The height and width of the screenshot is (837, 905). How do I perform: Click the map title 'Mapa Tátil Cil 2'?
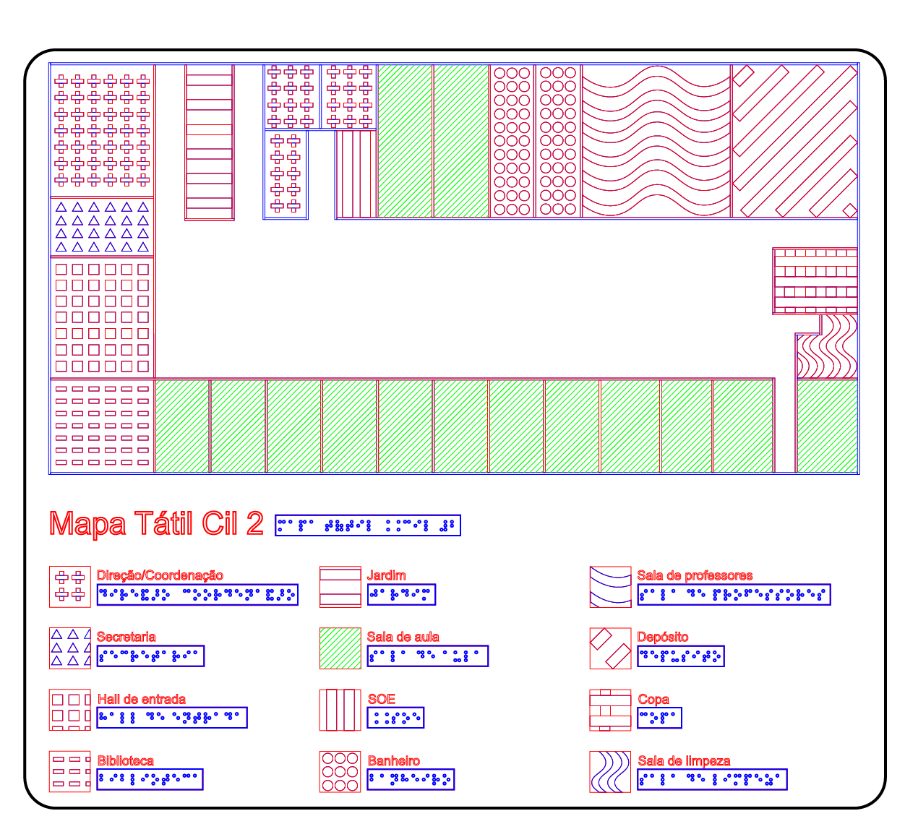click(x=156, y=524)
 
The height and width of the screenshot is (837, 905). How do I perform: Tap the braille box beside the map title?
click(x=367, y=525)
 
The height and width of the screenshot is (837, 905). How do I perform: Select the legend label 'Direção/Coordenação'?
click(x=160, y=575)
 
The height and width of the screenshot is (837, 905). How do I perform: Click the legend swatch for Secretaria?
click(x=70, y=648)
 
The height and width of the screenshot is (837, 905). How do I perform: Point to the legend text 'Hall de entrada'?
click(x=142, y=699)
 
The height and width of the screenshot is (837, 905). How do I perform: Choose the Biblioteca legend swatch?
click(x=70, y=771)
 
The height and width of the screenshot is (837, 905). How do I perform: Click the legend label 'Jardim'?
click(x=386, y=575)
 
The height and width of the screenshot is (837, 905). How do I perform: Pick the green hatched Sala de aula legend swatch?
click(x=340, y=648)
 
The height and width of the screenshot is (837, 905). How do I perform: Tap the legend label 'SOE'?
click(x=382, y=699)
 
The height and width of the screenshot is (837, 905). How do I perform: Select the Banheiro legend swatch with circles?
click(x=340, y=771)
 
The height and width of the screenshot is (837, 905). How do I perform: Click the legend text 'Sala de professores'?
click(x=695, y=575)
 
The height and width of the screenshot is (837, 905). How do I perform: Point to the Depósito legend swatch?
click(x=610, y=648)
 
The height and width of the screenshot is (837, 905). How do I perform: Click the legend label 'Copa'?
click(x=653, y=699)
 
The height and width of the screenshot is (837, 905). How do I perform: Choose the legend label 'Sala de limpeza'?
click(x=684, y=761)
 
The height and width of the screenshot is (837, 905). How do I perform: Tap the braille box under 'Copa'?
click(x=659, y=718)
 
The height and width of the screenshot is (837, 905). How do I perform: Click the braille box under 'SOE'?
click(x=395, y=718)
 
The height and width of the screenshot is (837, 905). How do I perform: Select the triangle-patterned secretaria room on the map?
click(x=102, y=227)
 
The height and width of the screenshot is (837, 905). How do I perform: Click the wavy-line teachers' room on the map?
click(x=656, y=142)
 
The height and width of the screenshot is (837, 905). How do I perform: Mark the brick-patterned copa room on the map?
click(x=815, y=281)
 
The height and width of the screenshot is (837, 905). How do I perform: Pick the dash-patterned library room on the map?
click(x=102, y=426)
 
